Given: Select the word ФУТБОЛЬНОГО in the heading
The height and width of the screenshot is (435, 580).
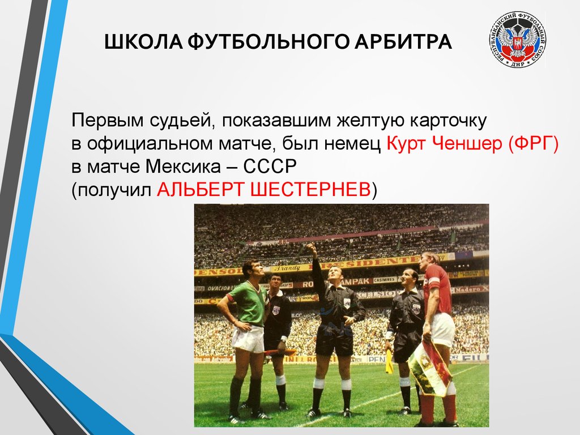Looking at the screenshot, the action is point(268,41).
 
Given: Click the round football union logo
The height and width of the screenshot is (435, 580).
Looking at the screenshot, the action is point(518,39).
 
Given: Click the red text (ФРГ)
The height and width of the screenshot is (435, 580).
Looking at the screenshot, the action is point(533,143).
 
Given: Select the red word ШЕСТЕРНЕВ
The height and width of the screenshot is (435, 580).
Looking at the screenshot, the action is point(310,190).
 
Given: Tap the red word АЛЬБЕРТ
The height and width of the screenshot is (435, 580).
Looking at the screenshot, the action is point(201,190).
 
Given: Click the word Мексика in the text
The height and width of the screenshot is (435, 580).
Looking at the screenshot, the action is point(183,167).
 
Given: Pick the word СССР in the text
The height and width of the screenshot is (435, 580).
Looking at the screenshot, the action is point(270,167).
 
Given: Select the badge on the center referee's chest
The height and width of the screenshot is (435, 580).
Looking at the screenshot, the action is point(347,303).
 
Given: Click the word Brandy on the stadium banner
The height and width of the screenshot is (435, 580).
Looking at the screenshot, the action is point(287,268).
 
